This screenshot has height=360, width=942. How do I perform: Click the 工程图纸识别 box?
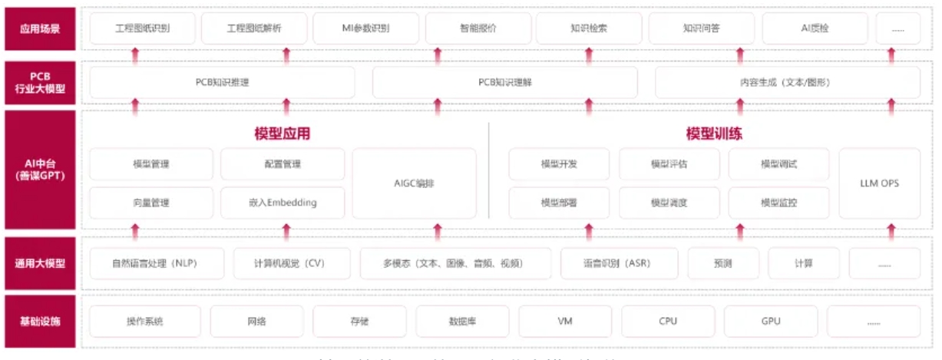(x=142, y=28)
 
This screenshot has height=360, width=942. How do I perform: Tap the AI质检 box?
(x=815, y=28)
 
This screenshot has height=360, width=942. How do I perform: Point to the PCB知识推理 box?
(x=222, y=82)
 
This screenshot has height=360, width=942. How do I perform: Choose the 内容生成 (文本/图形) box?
(x=787, y=82)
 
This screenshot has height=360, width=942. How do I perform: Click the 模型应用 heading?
(x=282, y=134)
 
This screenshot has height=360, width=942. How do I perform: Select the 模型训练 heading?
(x=714, y=134)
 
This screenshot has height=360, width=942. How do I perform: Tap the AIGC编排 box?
(x=414, y=183)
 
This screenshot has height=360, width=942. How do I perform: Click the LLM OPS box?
(x=879, y=183)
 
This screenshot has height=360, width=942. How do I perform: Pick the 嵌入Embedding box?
(x=282, y=203)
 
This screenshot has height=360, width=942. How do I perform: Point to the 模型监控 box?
(x=778, y=203)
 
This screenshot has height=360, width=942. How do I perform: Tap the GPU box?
(x=771, y=321)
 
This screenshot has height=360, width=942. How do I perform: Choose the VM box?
(x=565, y=321)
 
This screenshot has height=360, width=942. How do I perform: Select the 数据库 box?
(x=462, y=321)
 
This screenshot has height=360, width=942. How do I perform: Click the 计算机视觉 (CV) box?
(x=289, y=263)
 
